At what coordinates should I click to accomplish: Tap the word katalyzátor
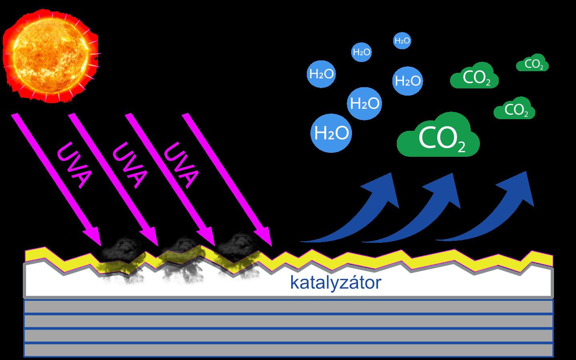click(336, 283)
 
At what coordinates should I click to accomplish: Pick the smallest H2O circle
click(402, 40)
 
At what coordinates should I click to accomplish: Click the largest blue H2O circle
click(331, 133)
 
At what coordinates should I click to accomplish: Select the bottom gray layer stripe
click(288, 350)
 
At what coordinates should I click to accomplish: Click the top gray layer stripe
click(288, 307)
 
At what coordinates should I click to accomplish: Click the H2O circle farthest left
click(322, 74)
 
